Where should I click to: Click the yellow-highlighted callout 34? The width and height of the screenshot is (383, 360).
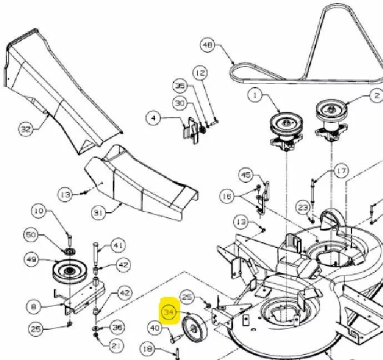[169, 312]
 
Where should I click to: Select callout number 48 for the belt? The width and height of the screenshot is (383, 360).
[208, 45]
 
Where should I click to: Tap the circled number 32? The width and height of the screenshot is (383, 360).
[26, 128]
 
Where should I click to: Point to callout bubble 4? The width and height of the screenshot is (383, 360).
[153, 118]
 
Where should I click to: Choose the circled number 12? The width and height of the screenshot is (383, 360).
[200, 73]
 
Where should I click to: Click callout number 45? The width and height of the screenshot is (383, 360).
[246, 175]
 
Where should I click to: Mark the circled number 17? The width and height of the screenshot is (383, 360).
[341, 171]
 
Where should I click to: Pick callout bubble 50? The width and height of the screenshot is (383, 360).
[31, 235]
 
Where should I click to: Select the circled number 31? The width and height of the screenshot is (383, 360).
[98, 213]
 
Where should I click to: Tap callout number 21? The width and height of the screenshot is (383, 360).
[116, 346]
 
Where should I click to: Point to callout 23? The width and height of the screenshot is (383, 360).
[303, 208]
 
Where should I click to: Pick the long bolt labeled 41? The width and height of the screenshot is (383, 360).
[95, 254]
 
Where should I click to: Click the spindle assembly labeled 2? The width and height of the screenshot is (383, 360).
[331, 121]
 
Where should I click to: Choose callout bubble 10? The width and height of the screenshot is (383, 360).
[39, 211]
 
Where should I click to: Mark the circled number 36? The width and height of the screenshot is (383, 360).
[117, 327]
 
